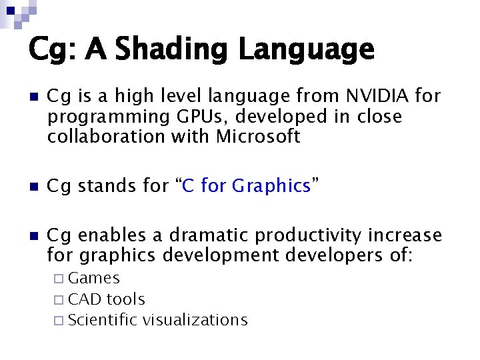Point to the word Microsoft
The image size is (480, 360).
[x=259, y=137]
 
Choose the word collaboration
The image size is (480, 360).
[x=111, y=137]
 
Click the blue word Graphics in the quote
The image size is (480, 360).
[x=271, y=186]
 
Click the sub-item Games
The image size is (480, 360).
[x=93, y=278]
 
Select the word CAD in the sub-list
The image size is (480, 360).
[x=85, y=299]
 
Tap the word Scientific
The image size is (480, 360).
[x=101, y=320]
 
